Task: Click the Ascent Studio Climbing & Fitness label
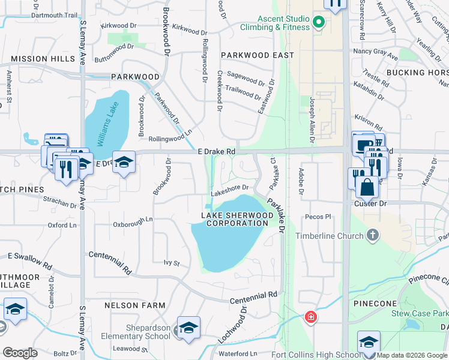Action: point(274,23)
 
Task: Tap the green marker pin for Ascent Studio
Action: point(318,23)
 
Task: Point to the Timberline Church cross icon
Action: point(373,235)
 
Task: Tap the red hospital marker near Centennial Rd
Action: point(310,316)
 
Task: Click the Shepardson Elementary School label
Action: point(139,332)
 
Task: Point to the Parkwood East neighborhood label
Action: point(257,55)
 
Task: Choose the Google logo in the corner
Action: point(20,353)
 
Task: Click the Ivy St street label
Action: point(172,263)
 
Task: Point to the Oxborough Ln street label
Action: point(133,224)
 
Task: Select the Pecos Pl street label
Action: point(318,216)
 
